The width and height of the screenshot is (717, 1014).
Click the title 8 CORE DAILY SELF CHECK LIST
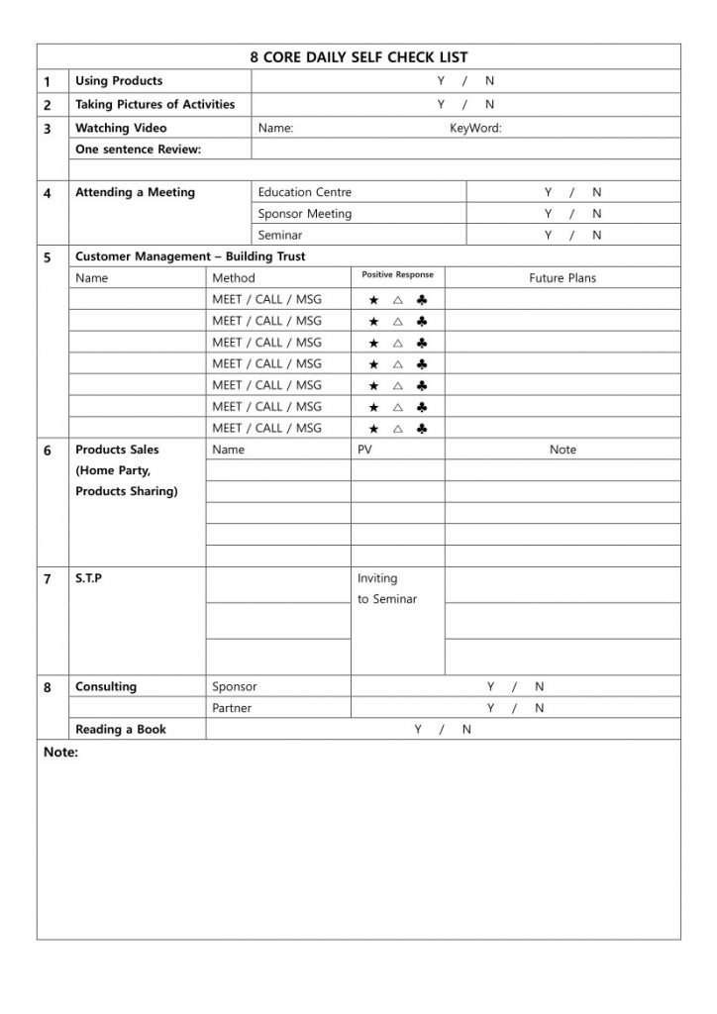click(x=358, y=58)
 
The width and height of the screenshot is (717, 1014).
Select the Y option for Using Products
click(x=441, y=81)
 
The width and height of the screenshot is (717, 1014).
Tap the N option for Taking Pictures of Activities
click(x=489, y=105)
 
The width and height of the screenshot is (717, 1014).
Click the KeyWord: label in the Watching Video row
click(x=475, y=128)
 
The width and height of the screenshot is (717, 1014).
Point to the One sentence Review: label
click(x=138, y=150)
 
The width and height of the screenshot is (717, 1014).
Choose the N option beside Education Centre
click(x=596, y=192)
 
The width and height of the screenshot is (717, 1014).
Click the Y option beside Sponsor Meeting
click(x=548, y=214)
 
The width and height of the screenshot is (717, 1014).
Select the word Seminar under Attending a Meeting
click(x=280, y=236)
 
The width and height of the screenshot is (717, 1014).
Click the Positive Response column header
click(x=397, y=275)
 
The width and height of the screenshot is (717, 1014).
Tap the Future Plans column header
click(x=563, y=278)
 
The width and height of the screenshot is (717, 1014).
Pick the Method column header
click(x=233, y=278)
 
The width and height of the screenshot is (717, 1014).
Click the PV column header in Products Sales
click(x=365, y=450)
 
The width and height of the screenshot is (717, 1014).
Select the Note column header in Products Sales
click(x=563, y=450)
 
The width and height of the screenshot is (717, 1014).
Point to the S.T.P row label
click(x=88, y=578)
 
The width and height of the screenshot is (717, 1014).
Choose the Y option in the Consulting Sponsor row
click(x=490, y=686)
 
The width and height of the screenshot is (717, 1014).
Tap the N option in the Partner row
click(x=539, y=708)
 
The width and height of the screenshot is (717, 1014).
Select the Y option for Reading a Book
click(x=418, y=730)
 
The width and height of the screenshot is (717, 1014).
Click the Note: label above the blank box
click(x=60, y=753)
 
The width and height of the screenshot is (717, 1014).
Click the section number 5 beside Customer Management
click(x=48, y=257)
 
